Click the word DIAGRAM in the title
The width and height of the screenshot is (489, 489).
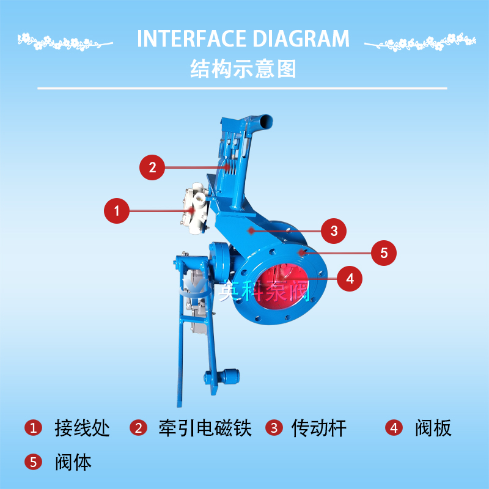click(x=301, y=39)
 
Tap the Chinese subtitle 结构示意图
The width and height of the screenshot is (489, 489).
click(x=243, y=68)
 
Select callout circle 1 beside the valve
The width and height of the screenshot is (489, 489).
click(x=117, y=211)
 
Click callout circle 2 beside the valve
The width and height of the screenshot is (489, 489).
click(x=152, y=167)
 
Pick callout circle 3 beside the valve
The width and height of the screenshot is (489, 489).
click(x=334, y=231)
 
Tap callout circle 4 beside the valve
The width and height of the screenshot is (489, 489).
click(x=350, y=279)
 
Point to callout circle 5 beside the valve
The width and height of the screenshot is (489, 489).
click(x=384, y=253)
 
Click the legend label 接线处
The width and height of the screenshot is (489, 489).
click(x=83, y=428)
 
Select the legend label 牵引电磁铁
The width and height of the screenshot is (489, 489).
click(x=205, y=428)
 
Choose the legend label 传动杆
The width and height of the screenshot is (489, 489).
click(x=318, y=428)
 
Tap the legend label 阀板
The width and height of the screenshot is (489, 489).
click(x=433, y=428)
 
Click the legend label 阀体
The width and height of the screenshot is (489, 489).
click(x=73, y=462)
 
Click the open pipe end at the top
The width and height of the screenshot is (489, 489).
click(x=266, y=120)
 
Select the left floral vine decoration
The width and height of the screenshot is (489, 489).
click(x=65, y=42)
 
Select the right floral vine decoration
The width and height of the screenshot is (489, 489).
click(x=421, y=42)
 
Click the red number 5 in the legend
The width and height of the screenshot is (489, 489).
click(x=34, y=462)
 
